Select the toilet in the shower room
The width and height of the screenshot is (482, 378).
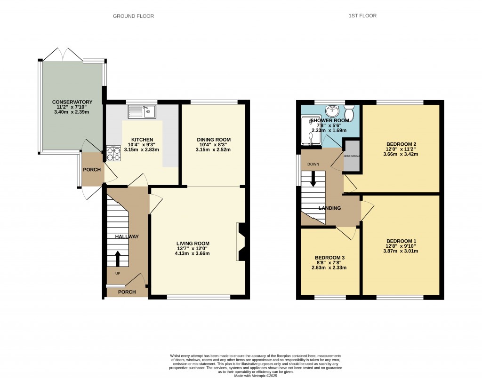(349, 112)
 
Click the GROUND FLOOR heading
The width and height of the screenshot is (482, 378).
(133, 16)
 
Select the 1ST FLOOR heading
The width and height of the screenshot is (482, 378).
(362, 16)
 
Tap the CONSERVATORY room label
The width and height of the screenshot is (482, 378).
(72, 102)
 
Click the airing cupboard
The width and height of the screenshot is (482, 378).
(351, 156)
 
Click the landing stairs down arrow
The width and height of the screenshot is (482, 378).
(313, 181)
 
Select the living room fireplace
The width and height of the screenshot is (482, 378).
(241, 241)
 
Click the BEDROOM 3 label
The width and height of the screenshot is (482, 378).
(330, 258)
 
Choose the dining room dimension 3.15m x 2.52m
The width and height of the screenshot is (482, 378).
(214, 150)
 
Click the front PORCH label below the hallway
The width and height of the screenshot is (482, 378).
(127, 292)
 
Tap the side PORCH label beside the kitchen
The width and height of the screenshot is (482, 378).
(92, 169)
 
